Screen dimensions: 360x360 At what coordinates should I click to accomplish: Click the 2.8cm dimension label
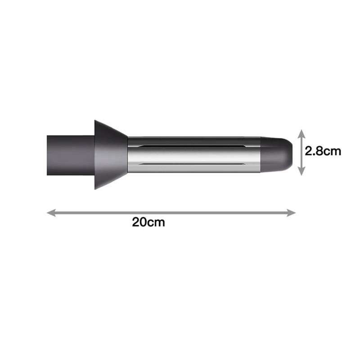pos(323,151)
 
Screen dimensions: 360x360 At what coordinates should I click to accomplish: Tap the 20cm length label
pos(148,222)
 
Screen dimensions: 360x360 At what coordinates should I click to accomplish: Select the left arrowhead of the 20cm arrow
pos(51,212)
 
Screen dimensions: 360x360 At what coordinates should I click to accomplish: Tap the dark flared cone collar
pos(108,155)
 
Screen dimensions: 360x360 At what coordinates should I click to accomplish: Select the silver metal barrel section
pos(193,155)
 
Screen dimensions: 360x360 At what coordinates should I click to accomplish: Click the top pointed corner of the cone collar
pos(95,121)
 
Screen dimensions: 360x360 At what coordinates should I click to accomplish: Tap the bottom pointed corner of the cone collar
pos(95,189)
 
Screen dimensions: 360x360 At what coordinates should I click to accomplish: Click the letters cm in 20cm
pos(156,222)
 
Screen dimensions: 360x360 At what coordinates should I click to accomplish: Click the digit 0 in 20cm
pos(144,222)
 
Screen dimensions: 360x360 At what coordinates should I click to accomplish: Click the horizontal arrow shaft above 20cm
pos(171,212)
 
